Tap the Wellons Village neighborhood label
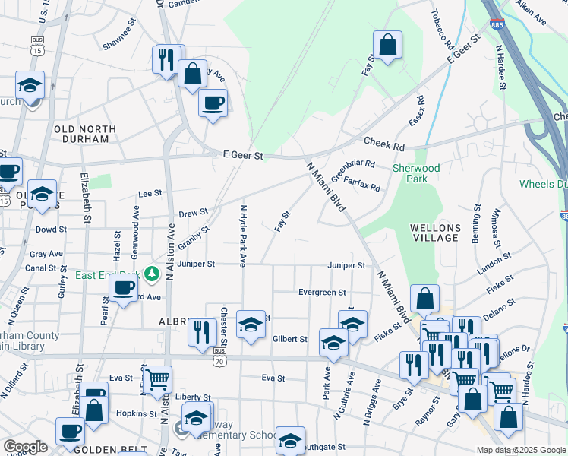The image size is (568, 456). click(435, 233)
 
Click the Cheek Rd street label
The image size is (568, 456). click(384, 143)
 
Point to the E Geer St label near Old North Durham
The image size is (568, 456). click(242, 155)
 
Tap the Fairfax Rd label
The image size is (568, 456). click(361, 182)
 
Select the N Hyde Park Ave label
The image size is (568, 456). click(243, 236)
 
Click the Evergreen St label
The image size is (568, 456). click(322, 292)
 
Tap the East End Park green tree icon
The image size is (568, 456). click(153, 274)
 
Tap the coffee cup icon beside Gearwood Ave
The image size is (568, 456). click(123, 288)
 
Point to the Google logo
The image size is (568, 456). click(26, 447)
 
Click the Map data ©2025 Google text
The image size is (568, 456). click(520, 450)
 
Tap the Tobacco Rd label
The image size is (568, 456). click(441, 26)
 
